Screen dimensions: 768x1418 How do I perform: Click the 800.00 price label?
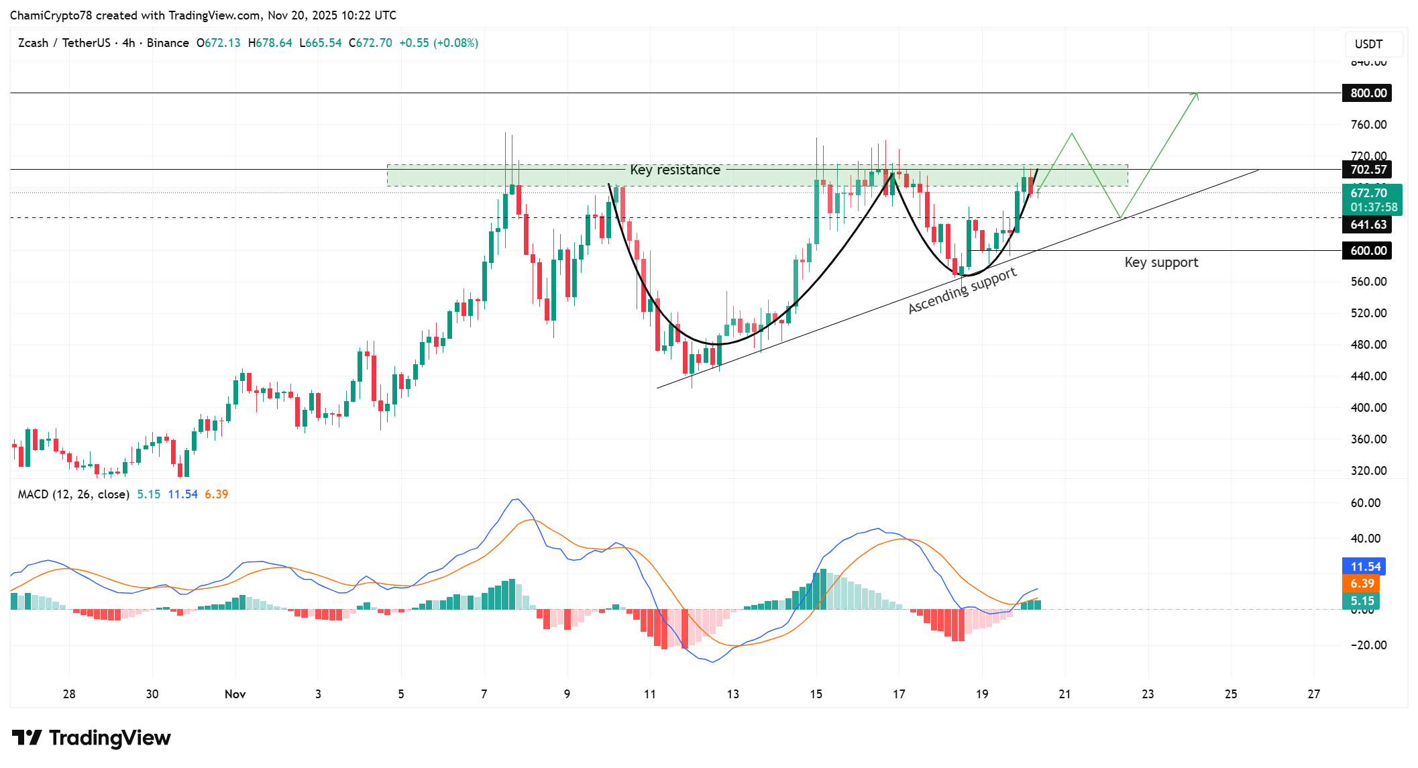point(1367,93)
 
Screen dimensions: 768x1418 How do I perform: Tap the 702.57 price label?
point(1367,170)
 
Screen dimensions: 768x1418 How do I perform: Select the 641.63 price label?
point(1367,225)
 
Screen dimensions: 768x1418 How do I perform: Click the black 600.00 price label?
point(1367,251)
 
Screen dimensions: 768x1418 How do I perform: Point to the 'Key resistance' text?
point(675,170)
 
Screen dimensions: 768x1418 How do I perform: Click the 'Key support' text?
point(1161,262)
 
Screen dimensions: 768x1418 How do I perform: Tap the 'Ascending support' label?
point(962,290)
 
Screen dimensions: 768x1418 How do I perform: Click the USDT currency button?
point(1368,44)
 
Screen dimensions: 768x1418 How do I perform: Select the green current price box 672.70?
point(1371,200)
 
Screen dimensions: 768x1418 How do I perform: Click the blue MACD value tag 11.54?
point(1364,567)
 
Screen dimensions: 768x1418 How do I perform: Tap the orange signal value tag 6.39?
point(1362,584)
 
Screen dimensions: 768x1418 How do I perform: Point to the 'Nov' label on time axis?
point(235,694)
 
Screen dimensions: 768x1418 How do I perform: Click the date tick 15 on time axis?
point(816,694)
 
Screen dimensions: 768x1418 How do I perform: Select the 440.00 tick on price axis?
point(1368,376)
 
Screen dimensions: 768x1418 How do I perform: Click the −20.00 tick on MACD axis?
point(1366,645)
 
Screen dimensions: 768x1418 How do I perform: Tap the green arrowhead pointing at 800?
point(1195,96)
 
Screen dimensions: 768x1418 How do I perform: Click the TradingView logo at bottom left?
point(91,738)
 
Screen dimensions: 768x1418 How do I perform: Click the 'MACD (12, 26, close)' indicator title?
point(73,494)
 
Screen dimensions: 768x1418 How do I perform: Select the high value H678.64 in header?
point(270,43)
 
